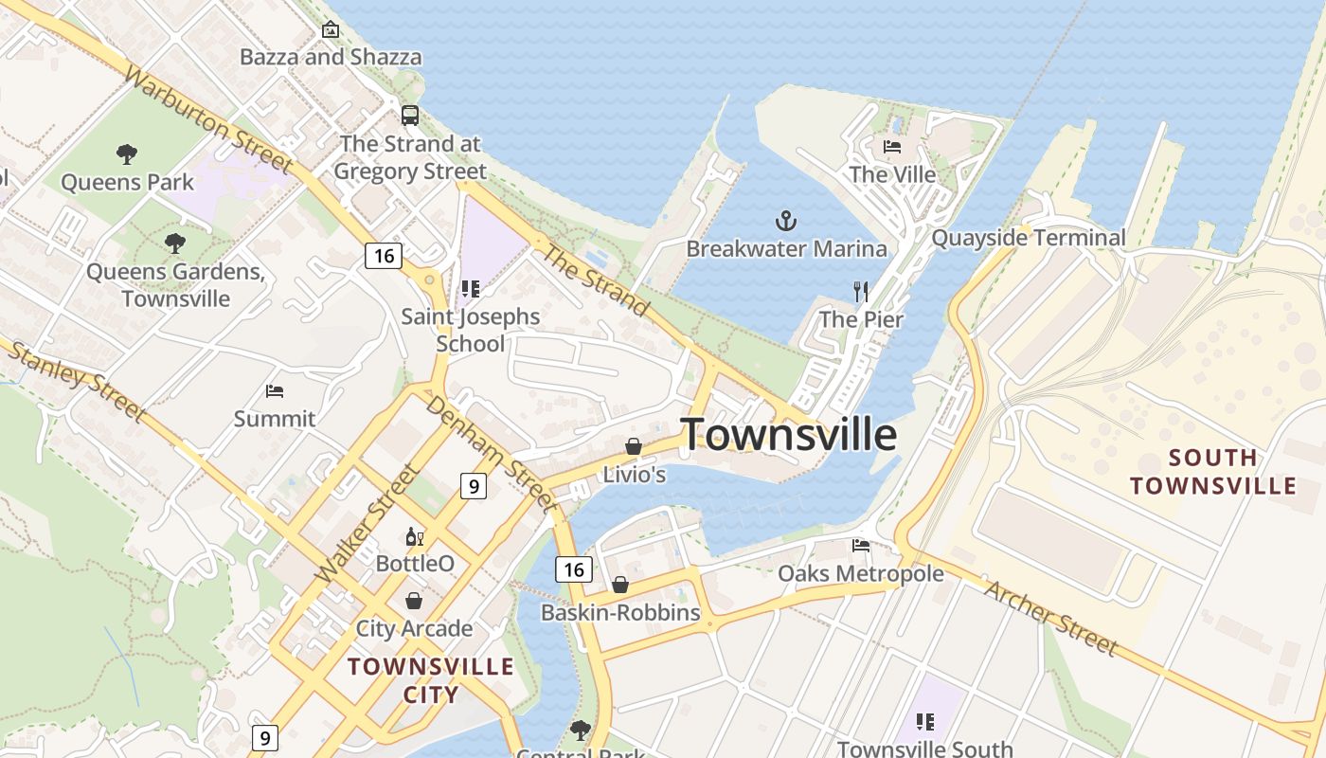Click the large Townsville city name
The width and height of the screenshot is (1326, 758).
[x=788, y=434]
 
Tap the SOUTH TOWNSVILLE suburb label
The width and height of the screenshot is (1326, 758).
[x=1212, y=472]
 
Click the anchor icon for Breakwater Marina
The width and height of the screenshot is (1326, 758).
[x=785, y=222]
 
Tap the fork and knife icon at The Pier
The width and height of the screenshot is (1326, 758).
[x=861, y=291]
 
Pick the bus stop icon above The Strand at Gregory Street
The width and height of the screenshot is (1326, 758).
[x=409, y=116]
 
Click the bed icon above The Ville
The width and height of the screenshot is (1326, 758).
[x=892, y=147]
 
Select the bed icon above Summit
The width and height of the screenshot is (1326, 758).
[x=275, y=390]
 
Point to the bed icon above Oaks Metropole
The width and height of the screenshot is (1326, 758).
[x=860, y=546]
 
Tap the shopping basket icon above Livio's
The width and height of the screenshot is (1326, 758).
[x=633, y=446]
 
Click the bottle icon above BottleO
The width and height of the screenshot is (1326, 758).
[x=414, y=537]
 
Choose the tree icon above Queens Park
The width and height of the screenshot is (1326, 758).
[x=126, y=153]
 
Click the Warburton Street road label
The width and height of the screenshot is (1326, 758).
[x=206, y=120]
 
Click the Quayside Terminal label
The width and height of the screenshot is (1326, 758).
[x=1029, y=237]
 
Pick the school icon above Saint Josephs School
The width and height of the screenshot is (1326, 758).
[x=470, y=289]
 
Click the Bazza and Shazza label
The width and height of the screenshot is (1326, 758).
[x=331, y=57]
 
